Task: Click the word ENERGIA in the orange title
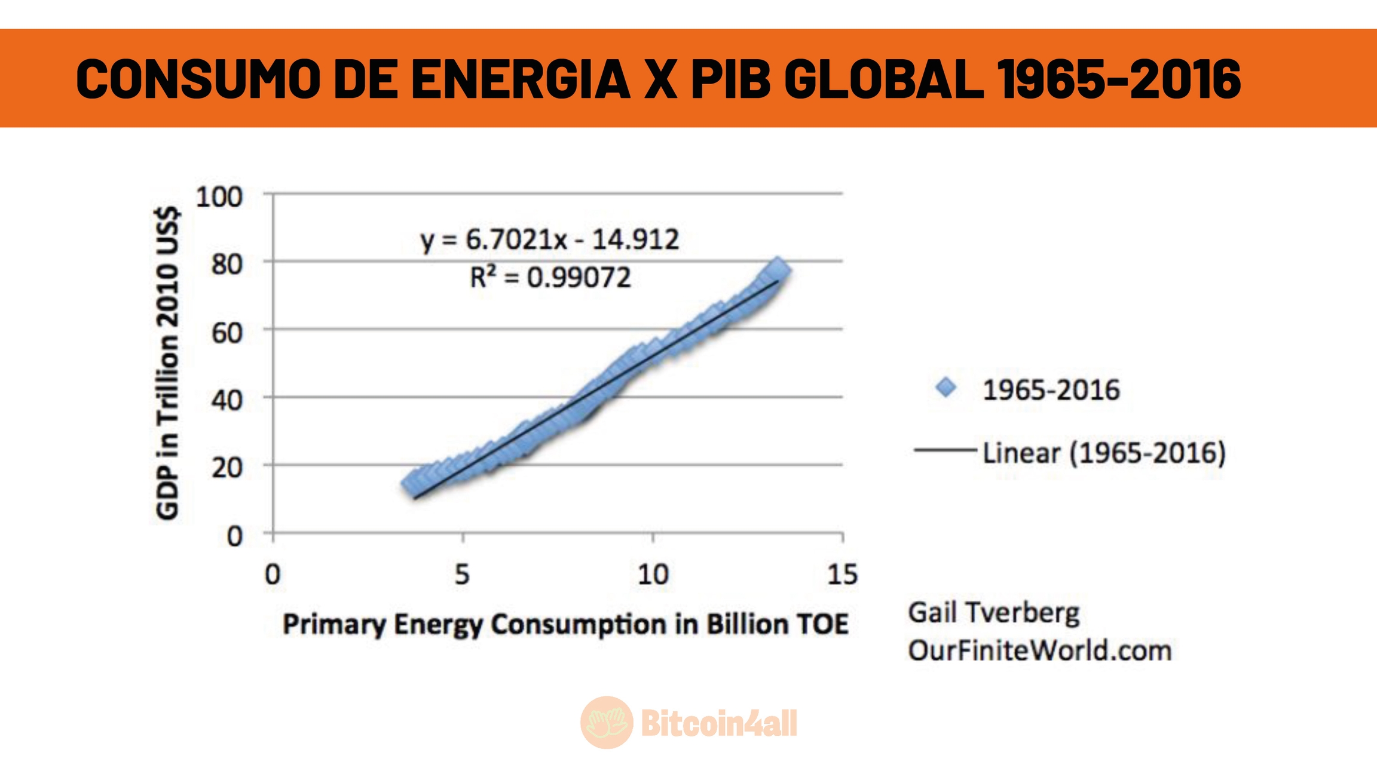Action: [520, 79]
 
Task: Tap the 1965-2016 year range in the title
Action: [1118, 79]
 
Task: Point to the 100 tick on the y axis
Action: [219, 197]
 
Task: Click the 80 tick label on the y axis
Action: [227, 265]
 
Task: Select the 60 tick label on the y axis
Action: [227, 333]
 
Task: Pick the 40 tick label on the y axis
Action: [227, 400]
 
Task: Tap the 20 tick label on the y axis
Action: [227, 468]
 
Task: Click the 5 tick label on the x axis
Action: [462, 575]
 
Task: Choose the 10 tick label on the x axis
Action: [653, 575]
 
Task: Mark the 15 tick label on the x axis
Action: [843, 575]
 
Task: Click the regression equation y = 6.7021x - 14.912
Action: [550, 240]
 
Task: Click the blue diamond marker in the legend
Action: [946, 388]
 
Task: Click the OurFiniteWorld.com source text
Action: [1040, 650]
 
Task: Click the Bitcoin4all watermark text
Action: [719, 724]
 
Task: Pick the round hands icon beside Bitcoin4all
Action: [607, 723]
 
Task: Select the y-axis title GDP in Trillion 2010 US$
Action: [167, 363]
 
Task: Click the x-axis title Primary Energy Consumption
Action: [565, 625]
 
